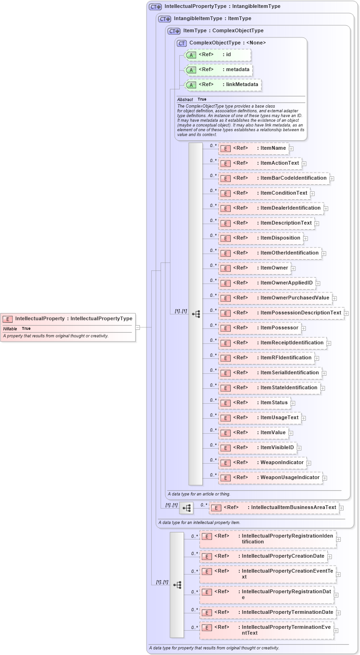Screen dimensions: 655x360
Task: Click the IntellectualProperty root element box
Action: point(68,319)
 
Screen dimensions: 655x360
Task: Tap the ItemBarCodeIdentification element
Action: point(274,178)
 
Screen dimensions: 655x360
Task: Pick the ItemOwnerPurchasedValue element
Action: point(275,298)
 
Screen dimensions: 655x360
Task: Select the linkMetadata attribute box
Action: point(223,85)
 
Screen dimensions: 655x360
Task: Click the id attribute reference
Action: point(218,55)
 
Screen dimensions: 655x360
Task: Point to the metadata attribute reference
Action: point(219,70)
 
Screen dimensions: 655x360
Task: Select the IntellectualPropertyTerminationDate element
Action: point(268,612)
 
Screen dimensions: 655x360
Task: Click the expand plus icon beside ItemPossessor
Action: point(304,328)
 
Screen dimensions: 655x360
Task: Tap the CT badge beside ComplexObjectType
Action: point(182,43)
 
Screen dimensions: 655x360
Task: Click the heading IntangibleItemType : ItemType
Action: point(212,19)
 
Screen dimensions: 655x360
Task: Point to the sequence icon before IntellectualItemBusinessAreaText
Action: point(186,508)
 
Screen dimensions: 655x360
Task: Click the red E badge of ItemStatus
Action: point(226,403)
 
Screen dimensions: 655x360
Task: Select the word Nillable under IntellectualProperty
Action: point(10,329)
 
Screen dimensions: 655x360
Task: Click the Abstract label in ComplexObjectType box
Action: point(185,100)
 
